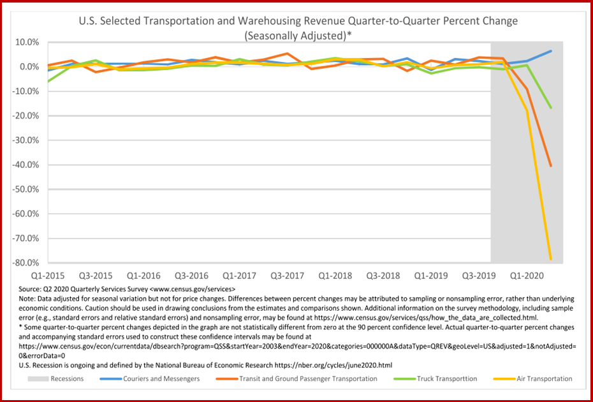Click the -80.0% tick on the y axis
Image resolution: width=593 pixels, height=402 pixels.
pos(24,263)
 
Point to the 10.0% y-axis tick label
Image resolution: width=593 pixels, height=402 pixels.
pos(25,42)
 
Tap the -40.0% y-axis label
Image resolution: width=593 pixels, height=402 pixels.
pos(24,165)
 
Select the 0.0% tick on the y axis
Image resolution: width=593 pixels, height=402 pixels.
pos(27,66)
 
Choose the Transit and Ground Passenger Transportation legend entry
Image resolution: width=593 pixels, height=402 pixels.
pos(308,378)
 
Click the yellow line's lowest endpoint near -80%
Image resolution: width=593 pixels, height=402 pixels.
pos(550,259)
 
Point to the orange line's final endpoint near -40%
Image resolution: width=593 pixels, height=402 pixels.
pos(550,166)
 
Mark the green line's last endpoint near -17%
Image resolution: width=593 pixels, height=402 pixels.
pos(550,108)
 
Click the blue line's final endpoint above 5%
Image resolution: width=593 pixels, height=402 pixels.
pos(550,51)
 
